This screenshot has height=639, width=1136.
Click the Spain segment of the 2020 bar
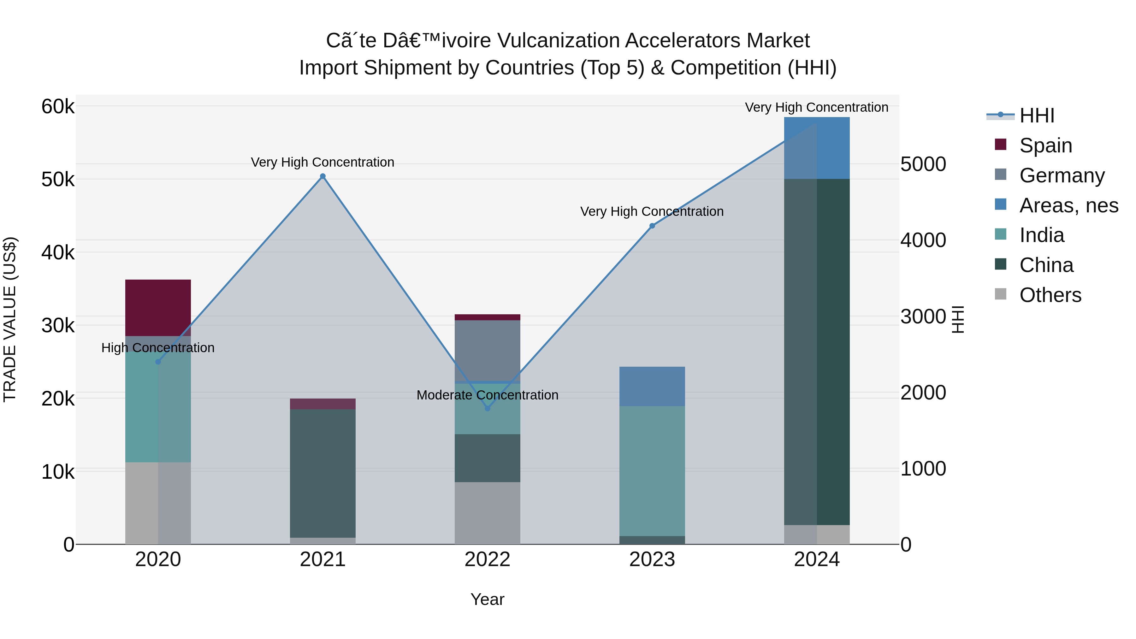pos(158,307)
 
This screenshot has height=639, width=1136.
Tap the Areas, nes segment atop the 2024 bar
pos(816,148)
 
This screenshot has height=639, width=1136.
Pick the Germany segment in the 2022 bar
pos(487,350)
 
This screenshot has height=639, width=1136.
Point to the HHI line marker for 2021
pos(322,176)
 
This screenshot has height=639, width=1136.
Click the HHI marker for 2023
pos(652,226)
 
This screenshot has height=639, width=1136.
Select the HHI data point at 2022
pos(487,409)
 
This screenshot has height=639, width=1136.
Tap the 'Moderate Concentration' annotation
pos(487,395)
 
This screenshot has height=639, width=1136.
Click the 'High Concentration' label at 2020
pos(158,348)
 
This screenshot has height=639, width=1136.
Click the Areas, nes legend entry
pos(1068,205)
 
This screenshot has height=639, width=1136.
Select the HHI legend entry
pos(1036,115)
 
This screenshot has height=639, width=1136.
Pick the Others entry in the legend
pos(1050,295)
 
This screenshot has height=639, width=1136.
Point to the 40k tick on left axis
pos(58,253)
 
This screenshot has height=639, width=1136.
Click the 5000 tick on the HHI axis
pos(923,164)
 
